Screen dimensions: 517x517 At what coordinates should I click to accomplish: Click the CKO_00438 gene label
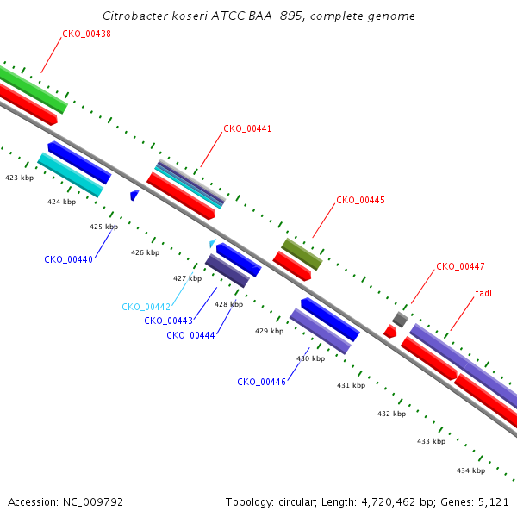(x=86, y=34)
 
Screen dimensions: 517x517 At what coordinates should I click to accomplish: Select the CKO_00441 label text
(x=247, y=128)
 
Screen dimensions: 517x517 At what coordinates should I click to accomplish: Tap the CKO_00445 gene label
(x=360, y=200)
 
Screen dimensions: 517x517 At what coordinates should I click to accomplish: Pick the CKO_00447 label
(x=460, y=266)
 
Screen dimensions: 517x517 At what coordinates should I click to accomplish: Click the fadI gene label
(x=483, y=293)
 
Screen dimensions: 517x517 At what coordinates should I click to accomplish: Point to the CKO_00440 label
(x=69, y=260)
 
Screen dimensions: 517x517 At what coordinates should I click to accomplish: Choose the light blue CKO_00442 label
(x=146, y=307)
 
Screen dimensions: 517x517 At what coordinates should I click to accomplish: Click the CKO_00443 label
(x=169, y=321)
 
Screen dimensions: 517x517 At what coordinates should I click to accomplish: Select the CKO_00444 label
(x=190, y=336)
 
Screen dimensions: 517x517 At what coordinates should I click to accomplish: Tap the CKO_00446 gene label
(x=261, y=382)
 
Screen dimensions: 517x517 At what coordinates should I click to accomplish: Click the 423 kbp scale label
(x=20, y=178)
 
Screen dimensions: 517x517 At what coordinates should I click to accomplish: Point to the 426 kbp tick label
(x=145, y=252)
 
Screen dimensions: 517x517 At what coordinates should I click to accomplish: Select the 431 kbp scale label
(x=352, y=385)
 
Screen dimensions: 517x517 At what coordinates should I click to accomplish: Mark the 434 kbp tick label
(x=470, y=470)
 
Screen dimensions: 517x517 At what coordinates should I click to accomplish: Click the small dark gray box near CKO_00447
(x=401, y=320)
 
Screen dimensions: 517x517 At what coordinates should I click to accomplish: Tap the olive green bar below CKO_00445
(x=302, y=254)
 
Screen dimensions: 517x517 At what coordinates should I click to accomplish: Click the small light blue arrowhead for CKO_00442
(x=213, y=243)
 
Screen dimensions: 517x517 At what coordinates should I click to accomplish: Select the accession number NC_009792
(x=93, y=502)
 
